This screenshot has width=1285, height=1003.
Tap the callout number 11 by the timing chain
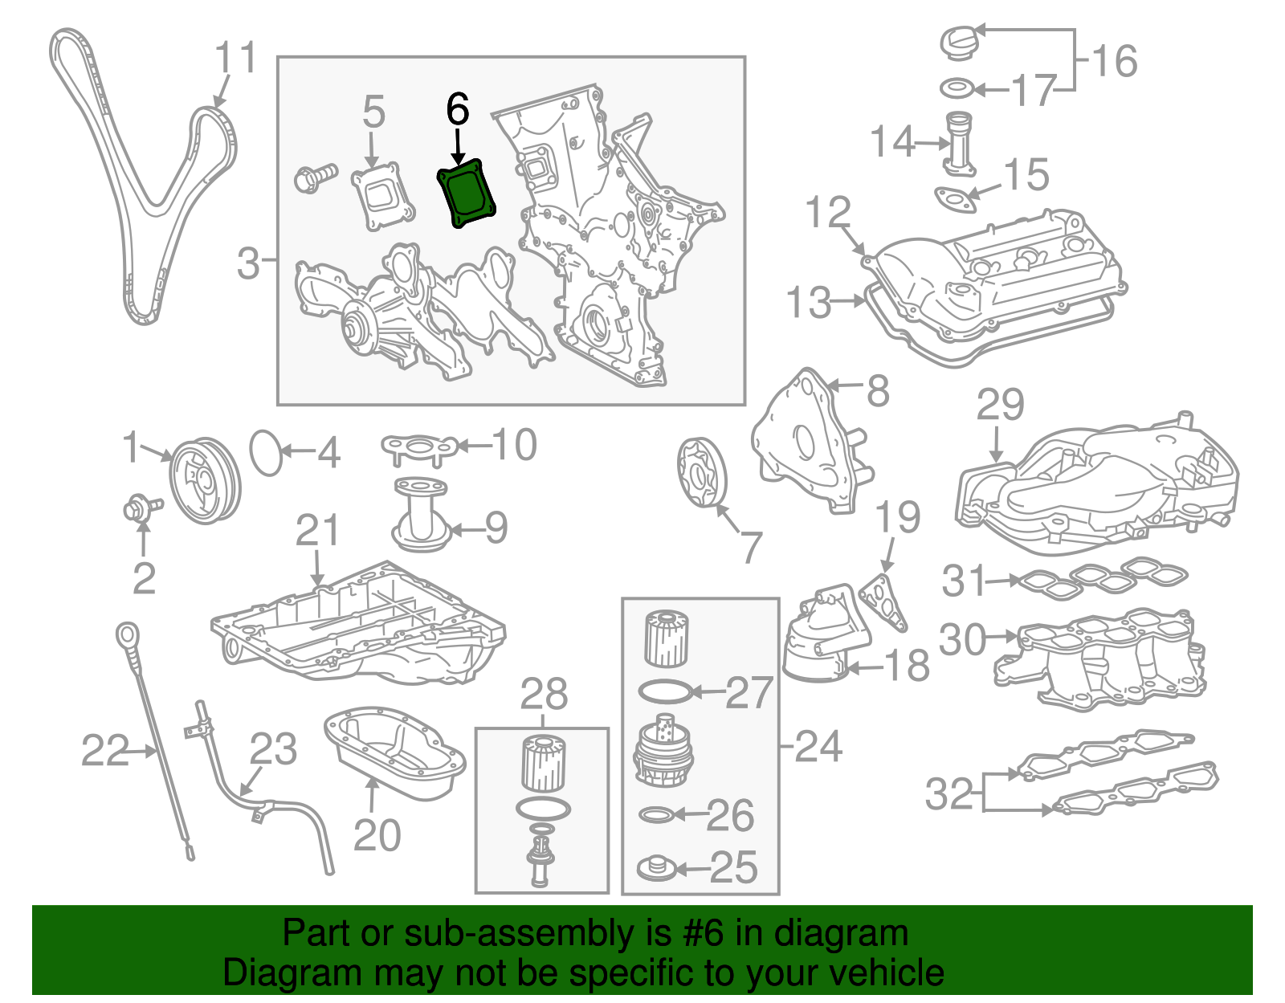click(x=235, y=58)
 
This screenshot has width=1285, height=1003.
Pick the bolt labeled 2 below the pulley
click(x=138, y=508)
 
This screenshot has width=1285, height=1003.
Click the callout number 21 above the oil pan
click(x=317, y=532)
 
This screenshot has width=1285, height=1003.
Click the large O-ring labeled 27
click(x=664, y=691)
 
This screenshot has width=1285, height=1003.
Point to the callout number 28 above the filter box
click(x=544, y=695)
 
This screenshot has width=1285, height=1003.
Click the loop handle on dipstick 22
click(x=127, y=634)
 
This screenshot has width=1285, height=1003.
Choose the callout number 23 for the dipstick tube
click(x=273, y=748)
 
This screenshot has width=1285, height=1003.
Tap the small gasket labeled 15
click(x=956, y=198)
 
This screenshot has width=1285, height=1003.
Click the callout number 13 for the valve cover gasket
click(x=809, y=302)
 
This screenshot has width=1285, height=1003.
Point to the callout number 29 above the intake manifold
click(x=1000, y=405)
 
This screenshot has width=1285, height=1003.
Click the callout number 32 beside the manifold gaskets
click(x=949, y=793)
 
